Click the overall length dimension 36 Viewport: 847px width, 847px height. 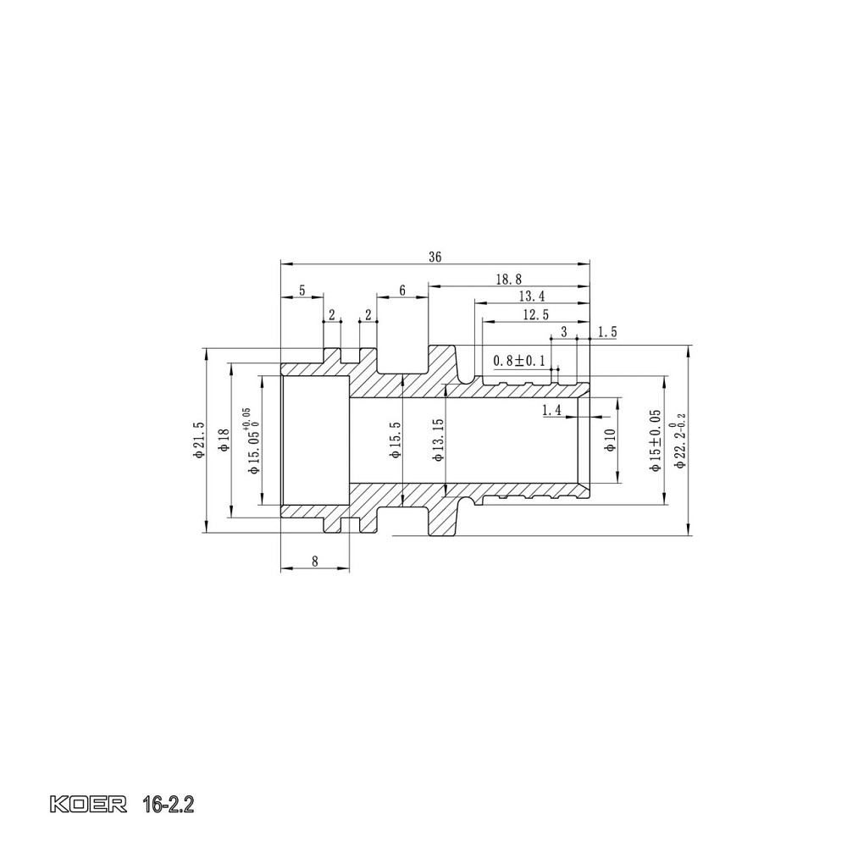[435, 257]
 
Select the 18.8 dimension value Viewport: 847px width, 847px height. [508, 278]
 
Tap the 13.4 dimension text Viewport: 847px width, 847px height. [530, 296]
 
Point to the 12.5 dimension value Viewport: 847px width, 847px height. [535, 314]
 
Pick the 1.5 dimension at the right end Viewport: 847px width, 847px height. [606, 332]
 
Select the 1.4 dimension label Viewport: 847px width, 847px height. [551, 410]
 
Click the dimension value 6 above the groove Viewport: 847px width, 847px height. [402, 291]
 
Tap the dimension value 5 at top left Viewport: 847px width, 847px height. [302, 291]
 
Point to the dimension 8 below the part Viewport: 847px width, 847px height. [315, 561]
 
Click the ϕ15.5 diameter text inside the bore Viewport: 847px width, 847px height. [395, 440]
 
